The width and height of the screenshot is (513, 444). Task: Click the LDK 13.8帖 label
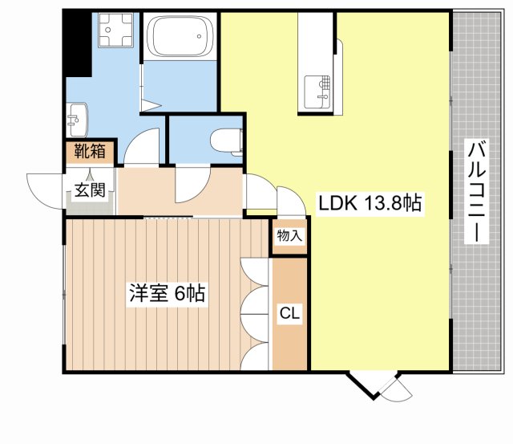click(370, 204)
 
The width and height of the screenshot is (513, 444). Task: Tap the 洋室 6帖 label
click(168, 294)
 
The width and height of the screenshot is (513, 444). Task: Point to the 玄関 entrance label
click(90, 190)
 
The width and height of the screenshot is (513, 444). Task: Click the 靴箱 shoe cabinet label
click(89, 151)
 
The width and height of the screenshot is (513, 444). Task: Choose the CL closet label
click(289, 314)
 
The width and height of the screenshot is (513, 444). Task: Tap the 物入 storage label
click(289, 236)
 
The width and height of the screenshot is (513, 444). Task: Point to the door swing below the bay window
click(395, 389)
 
